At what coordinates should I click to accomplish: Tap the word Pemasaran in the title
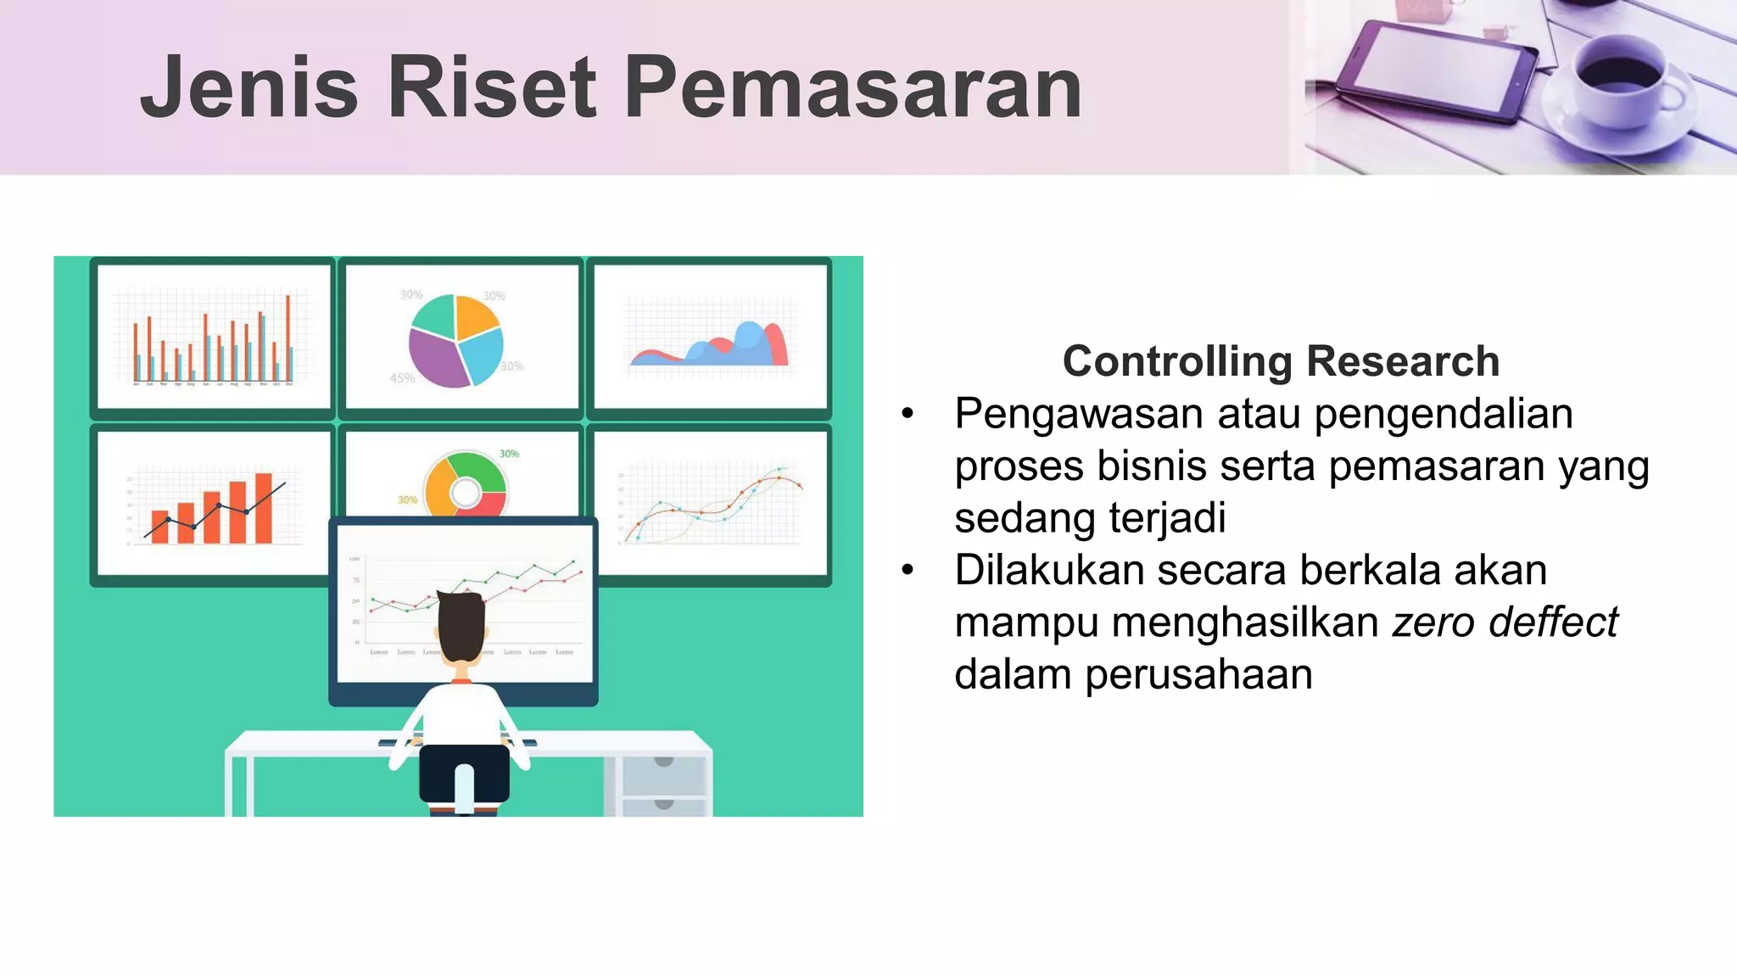click(852, 87)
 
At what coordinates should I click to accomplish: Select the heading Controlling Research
click(1281, 361)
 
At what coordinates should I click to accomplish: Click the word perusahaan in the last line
click(1198, 674)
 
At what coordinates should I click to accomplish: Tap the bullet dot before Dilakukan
click(908, 571)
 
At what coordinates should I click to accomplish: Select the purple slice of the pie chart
click(435, 356)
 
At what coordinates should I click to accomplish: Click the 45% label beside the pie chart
click(402, 378)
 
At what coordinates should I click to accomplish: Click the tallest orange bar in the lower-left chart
click(264, 507)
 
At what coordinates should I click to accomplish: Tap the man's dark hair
click(461, 623)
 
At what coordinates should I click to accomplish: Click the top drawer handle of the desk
click(664, 762)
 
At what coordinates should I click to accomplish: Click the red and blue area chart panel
click(710, 337)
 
